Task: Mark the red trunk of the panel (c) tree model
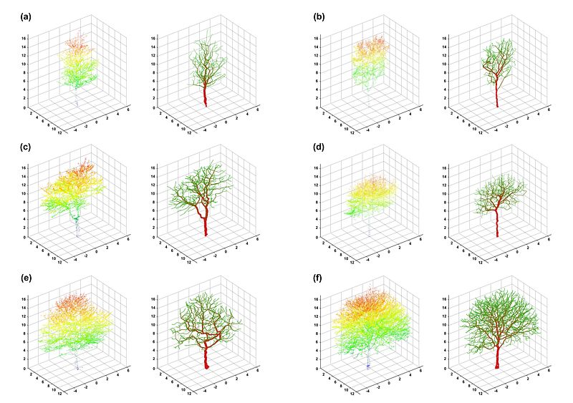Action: (x=206, y=225)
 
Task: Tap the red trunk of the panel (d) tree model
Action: (x=498, y=225)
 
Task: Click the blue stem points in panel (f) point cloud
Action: (x=368, y=365)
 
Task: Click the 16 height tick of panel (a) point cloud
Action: (x=24, y=38)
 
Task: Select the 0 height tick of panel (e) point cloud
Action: (x=24, y=369)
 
